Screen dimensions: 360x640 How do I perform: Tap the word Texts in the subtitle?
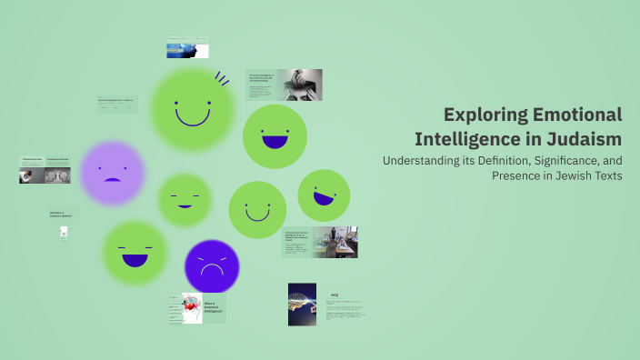click(x=605, y=175)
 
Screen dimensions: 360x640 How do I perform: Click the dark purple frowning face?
click(x=212, y=266)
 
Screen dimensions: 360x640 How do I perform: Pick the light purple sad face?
click(x=112, y=173)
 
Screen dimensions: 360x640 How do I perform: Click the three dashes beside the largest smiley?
click(x=222, y=79)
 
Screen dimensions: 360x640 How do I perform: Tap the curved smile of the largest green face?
click(x=192, y=116)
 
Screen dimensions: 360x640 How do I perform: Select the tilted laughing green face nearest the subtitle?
click(x=324, y=195)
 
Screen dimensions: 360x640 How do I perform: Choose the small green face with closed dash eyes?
click(x=185, y=200)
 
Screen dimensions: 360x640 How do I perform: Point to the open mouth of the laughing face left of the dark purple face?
click(x=135, y=260)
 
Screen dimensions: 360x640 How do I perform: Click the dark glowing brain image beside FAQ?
click(x=302, y=304)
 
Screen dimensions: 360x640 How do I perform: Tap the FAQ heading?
click(x=335, y=295)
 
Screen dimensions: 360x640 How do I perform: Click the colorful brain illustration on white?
click(x=190, y=309)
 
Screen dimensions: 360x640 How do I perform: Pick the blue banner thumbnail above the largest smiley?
click(x=187, y=49)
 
